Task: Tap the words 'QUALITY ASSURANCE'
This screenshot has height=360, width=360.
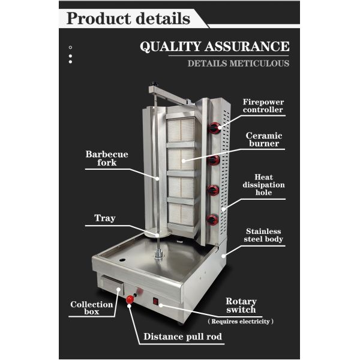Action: click(x=214, y=47)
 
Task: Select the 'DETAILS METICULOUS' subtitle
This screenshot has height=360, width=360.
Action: click(x=238, y=63)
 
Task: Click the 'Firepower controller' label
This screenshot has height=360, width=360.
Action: click(x=263, y=106)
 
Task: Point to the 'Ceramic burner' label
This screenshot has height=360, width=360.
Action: click(x=264, y=140)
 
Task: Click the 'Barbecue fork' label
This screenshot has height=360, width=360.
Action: click(x=106, y=158)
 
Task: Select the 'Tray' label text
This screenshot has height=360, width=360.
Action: click(x=104, y=218)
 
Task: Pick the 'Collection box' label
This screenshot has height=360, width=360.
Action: click(x=92, y=308)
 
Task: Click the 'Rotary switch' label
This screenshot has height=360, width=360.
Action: click(x=241, y=305)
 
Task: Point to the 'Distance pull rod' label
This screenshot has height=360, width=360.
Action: click(x=182, y=337)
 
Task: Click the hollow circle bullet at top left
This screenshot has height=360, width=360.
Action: click(x=70, y=47)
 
